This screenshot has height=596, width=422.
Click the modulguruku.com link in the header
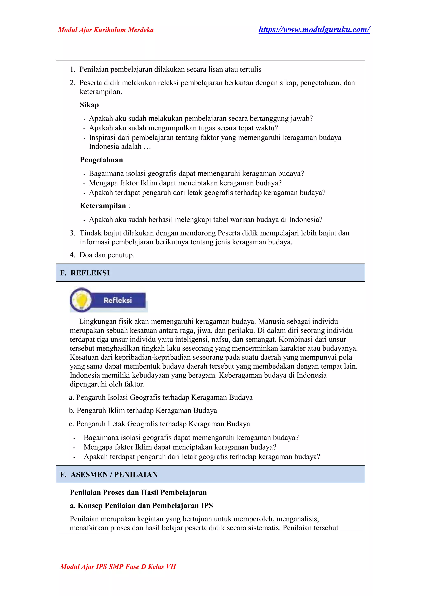(x=314, y=30)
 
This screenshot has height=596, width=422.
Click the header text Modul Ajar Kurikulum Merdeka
(x=106, y=30)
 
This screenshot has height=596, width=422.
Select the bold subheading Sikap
(x=89, y=105)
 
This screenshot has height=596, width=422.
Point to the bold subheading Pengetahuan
(x=101, y=160)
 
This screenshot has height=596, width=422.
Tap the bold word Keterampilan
(x=103, y=206)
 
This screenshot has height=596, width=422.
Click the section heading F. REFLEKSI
(x=85, y=273)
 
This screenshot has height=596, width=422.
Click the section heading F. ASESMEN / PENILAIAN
(x=109, y=474)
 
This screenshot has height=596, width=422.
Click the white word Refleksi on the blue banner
(x=118, y=300)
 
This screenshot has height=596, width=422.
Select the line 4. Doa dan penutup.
(x=102, y=255)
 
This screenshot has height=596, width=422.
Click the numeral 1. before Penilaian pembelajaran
(x=73, y=69)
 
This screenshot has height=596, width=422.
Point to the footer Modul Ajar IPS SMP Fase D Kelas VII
(x=118, y=566)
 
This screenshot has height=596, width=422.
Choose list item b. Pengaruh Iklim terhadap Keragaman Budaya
(x=143, y=411)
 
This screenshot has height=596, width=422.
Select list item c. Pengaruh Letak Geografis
(x=159, y=424)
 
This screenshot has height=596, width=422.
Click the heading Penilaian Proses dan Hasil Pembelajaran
(x=138, y=492)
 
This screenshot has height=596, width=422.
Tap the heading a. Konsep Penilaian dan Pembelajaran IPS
(x=141, y=506)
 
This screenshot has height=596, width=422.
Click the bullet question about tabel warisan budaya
(x=205, y=220)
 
